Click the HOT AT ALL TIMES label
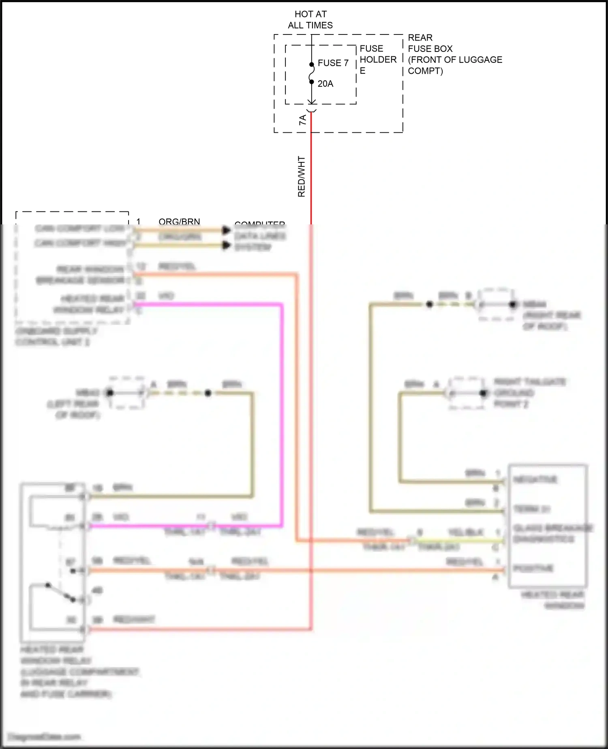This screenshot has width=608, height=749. coord(310,20)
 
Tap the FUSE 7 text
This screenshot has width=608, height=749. coord(333,63)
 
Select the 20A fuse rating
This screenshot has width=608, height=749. coord(325,84)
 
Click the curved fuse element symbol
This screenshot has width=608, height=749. coord(311,73)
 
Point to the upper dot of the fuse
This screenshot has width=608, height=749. coord(311,65)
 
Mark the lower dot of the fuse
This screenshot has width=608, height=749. coord(311,82)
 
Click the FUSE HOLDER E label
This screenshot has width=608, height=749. coord(377,60)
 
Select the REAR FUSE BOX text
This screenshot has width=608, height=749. coord(430,43)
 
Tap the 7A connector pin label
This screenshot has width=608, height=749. coord(302,120)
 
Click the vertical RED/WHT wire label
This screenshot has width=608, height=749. coord(301,176)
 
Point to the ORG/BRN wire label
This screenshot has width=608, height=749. coord(179,221)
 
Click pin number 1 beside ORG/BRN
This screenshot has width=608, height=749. coord(138,221)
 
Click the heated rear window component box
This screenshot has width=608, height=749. coord(547,526)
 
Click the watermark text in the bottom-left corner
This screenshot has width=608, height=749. coord(45,737)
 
